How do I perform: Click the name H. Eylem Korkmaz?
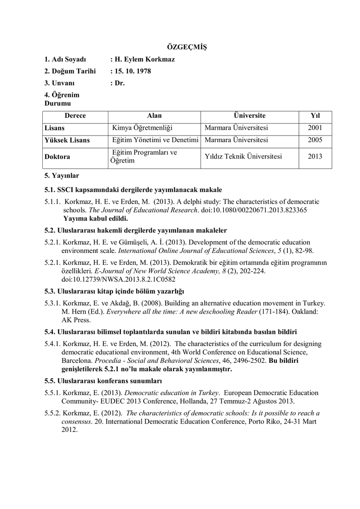[144, 60]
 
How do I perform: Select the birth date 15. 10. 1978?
[132, 72]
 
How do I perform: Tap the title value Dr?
[119, 84]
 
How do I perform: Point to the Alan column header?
[155, 116]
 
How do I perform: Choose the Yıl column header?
[315, 116]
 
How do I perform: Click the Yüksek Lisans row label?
[67, 141]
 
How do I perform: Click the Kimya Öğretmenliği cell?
[142, 128]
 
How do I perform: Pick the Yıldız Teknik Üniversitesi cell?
[243, 157]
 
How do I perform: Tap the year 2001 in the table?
[315, 128]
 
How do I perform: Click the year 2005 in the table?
[315, 141]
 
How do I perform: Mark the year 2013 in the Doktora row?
[315, 157]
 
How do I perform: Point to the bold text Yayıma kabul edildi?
[95, 218]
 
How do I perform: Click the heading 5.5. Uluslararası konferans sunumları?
[103, 382]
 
